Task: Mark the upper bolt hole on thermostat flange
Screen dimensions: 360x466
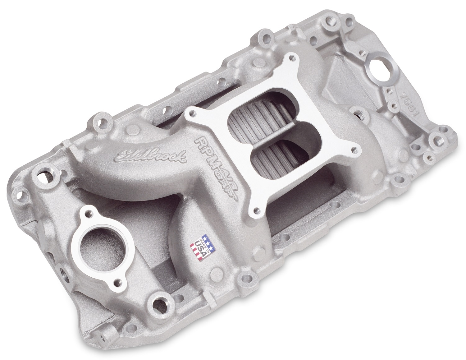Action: tap(90, 213)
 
